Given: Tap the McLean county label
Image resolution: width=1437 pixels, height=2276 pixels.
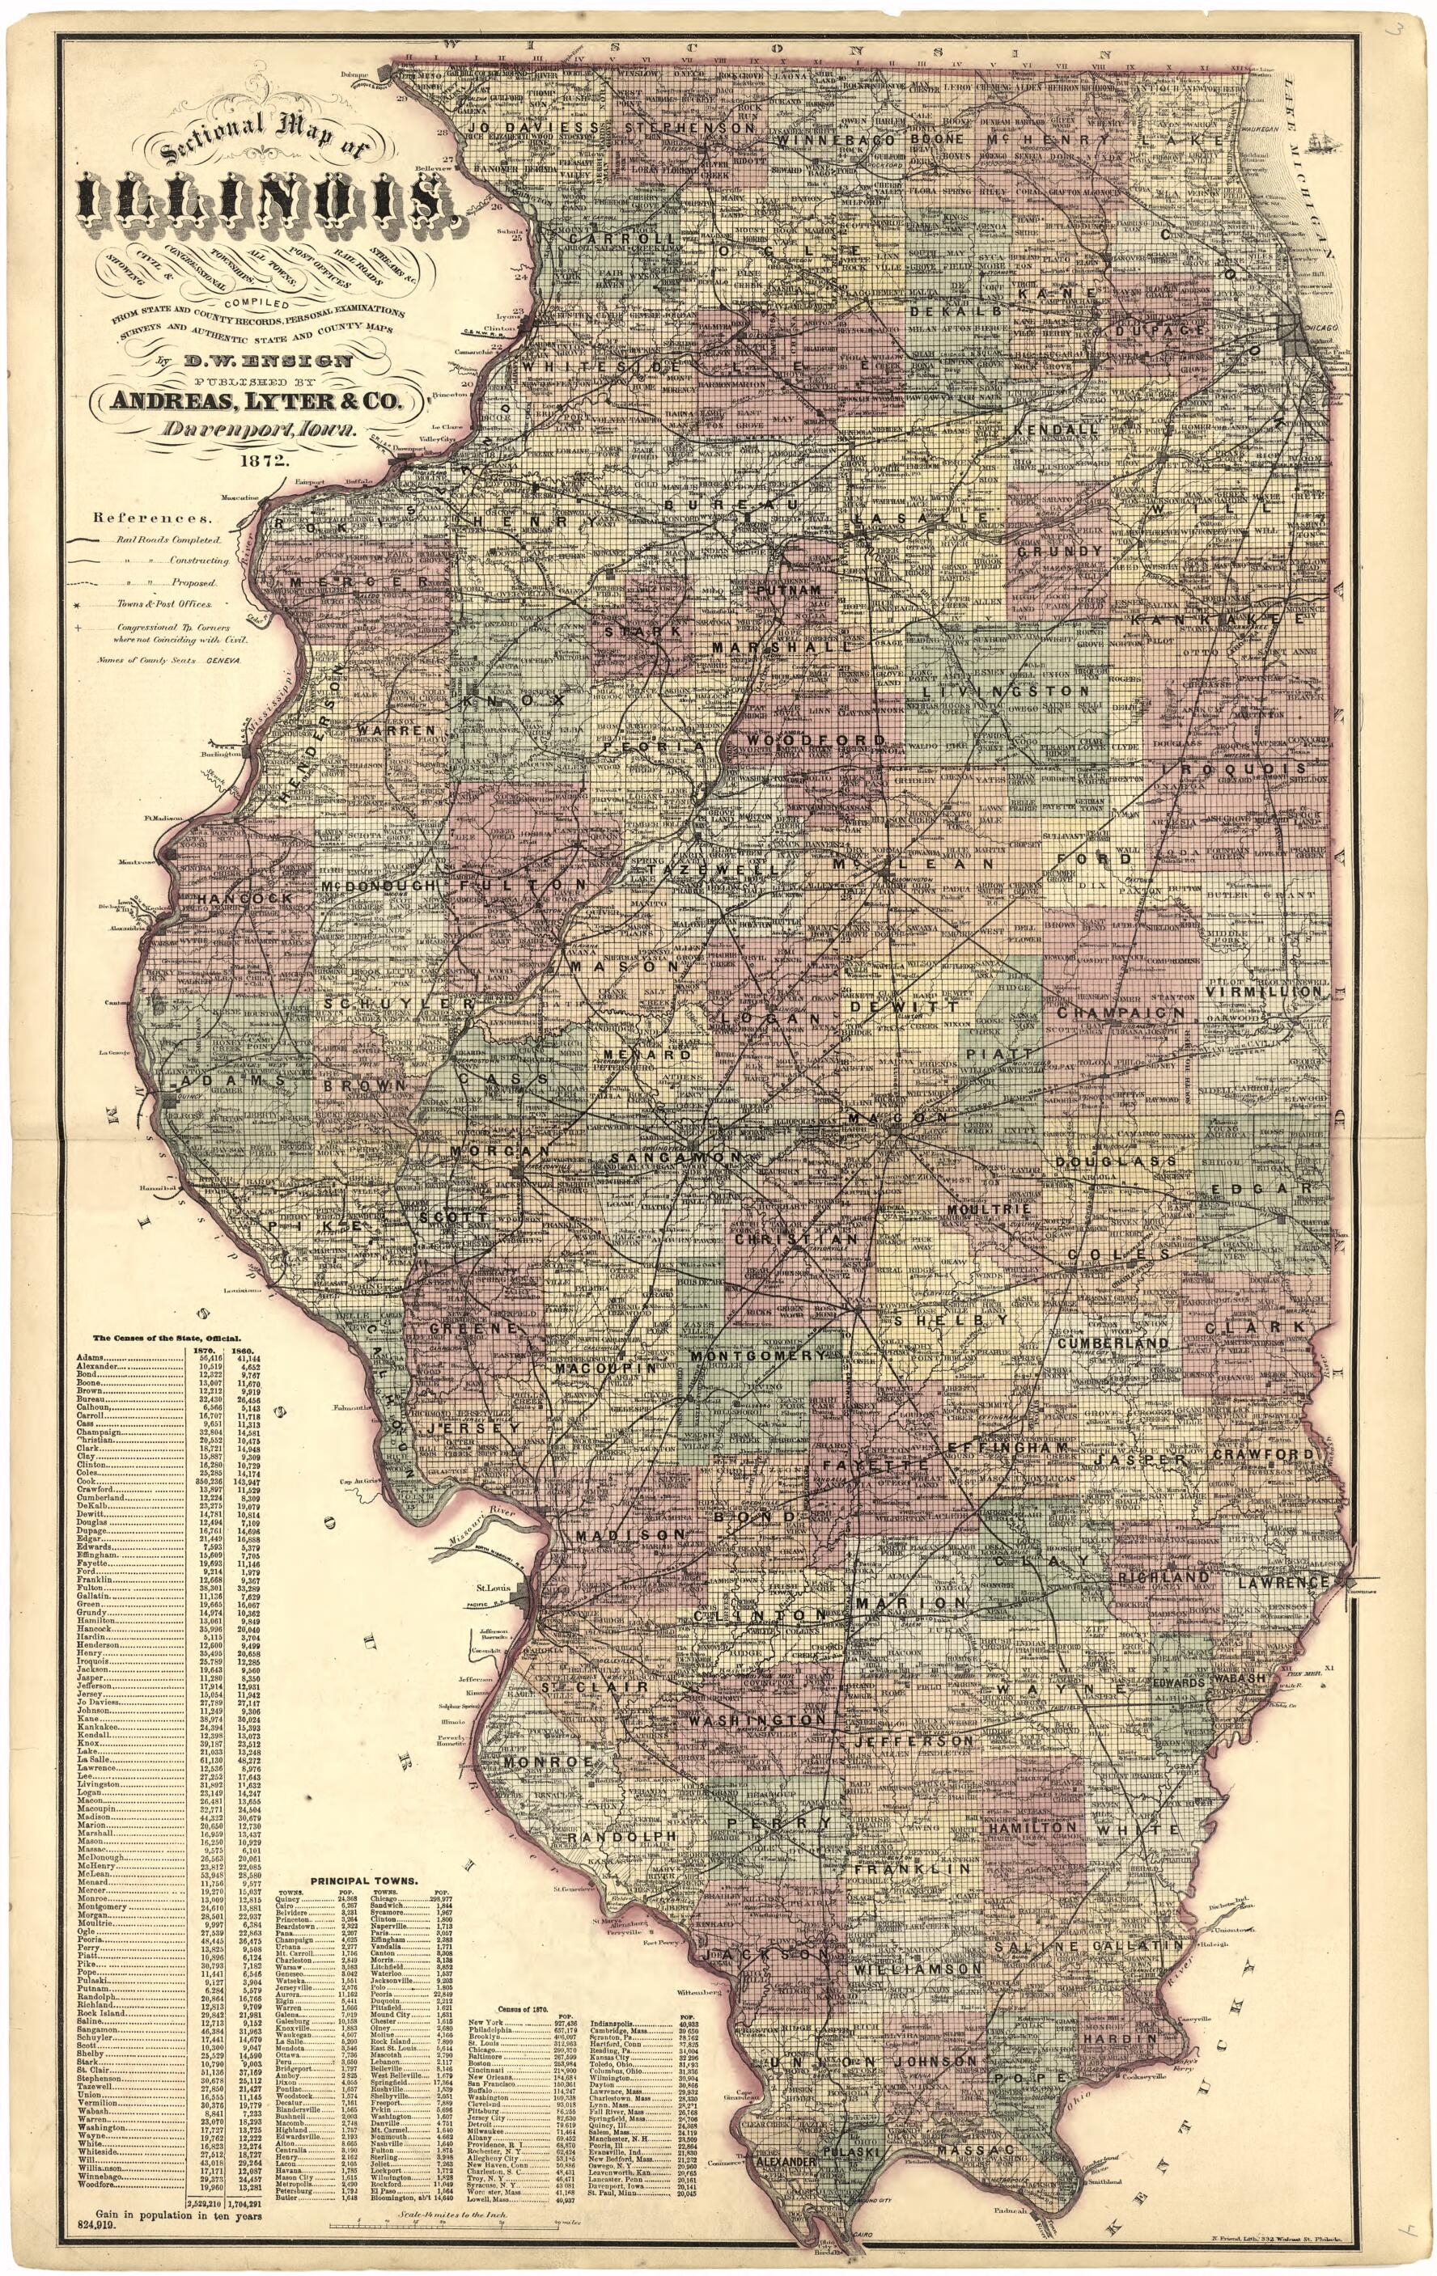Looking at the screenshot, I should (x=913, y=864).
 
